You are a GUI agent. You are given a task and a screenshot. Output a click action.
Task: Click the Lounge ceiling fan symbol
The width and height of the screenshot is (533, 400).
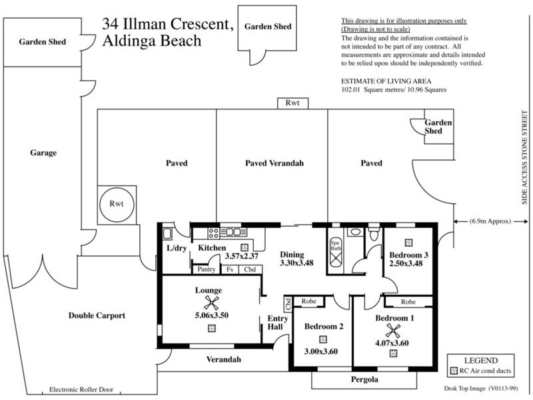[211, 302]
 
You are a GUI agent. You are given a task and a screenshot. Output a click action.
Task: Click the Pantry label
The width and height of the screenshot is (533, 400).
[205, 269]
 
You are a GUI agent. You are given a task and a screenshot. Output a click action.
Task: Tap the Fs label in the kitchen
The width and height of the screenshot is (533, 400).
[229, 269]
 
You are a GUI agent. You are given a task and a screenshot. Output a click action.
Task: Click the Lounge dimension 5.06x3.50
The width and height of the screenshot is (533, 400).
[211, 315]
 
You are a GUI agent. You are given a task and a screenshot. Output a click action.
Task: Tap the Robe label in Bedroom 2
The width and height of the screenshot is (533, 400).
[308, 301]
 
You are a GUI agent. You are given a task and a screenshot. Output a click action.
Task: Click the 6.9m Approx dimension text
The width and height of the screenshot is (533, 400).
[486, 221]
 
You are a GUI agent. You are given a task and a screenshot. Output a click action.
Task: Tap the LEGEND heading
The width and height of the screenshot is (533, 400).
[481, 361]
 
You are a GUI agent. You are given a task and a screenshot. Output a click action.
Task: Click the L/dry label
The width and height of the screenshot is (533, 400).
[177, 249]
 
